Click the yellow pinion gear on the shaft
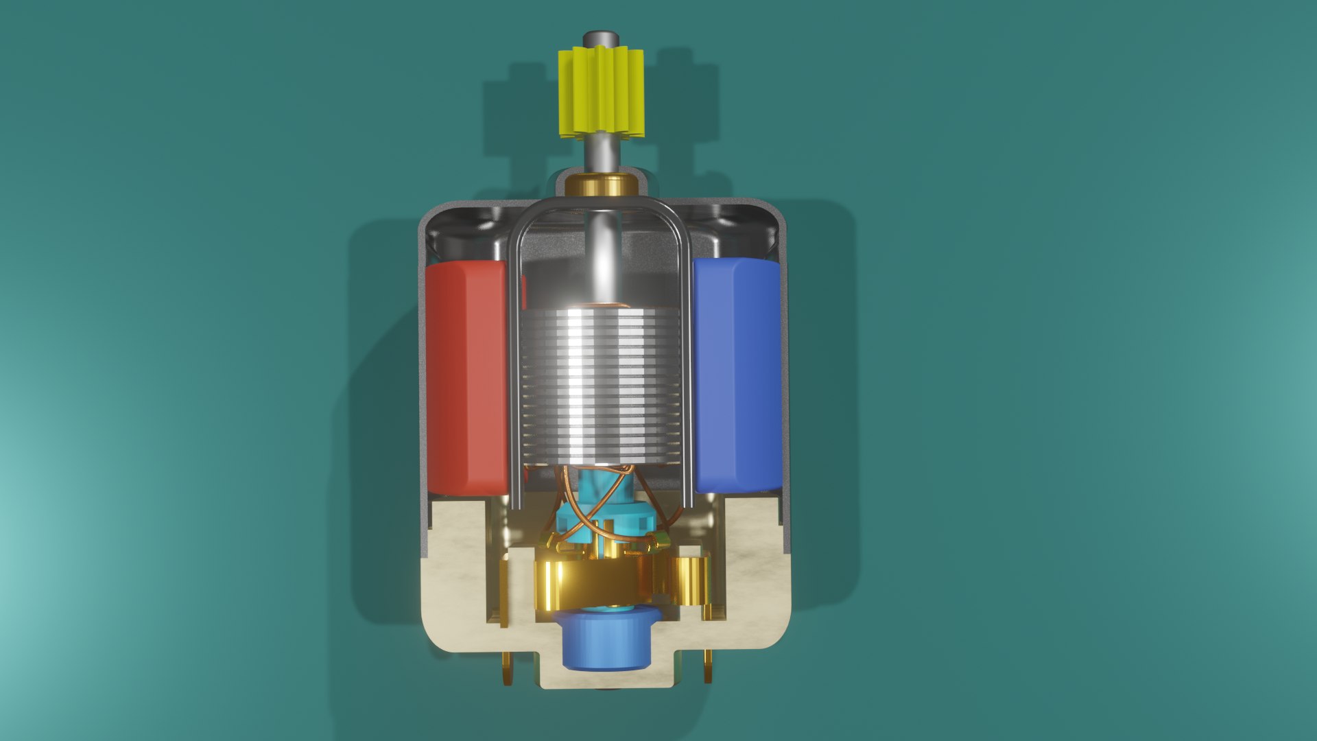(601, 93)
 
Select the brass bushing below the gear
(602, 185)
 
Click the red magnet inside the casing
(466, 377)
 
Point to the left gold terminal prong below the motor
(508, 669)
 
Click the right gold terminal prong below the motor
(708, 669)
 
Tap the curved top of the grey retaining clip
(600, 202)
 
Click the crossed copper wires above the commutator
(604, 494)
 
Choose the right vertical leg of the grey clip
(687, 377)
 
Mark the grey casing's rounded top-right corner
(775, 213)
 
